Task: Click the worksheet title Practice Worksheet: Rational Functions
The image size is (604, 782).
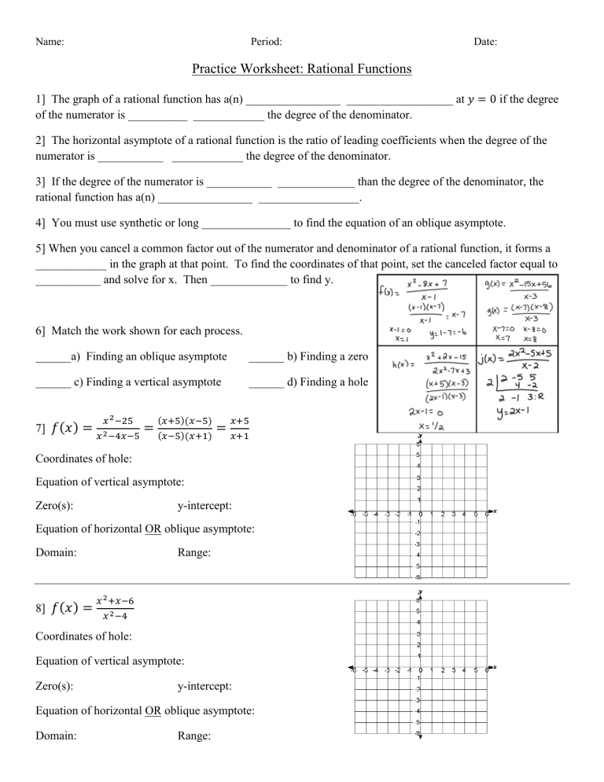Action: pyautogui.click(x=301, y=69)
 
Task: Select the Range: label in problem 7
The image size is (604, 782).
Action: pyautogui.click(x=194, y=553)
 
